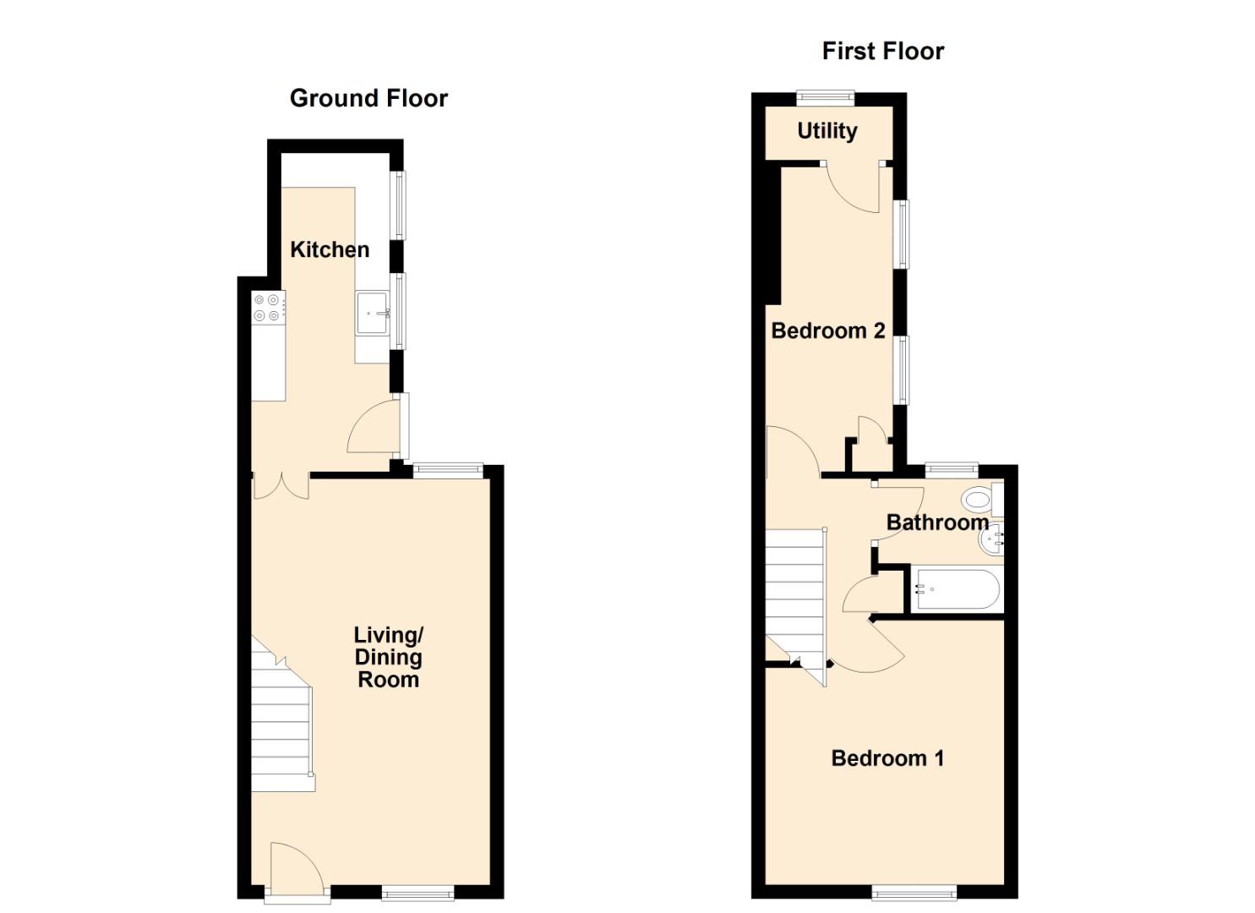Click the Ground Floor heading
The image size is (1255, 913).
pyautogui.click(x=368, y=98)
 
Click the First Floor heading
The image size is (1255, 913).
pyautogui.click(x=882, y=51)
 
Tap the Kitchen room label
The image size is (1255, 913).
pyautogui.click(x=330, y=249)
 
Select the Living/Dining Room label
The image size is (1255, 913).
pyautogui.click(x=388, y=657)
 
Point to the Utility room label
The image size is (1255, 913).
pyautogui.click(x=827, y=131)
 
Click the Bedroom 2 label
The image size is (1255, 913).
pyautogui.click(x=828, y=331)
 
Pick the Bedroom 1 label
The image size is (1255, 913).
pyautogui.click(x=887, y=758)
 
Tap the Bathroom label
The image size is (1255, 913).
pyautogui.click(x=937, y=522)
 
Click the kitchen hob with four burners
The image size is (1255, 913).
pyautogui.click(x=267, y=307)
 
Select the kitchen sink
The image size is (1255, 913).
pyautogui.click(x=372, y=313)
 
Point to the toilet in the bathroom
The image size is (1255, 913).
pyautogui.click(x=980, y=500)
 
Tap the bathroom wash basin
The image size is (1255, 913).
pyautogui.click(x=993, y=539)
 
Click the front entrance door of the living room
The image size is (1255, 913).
pyautogui.click(x=296, y=867)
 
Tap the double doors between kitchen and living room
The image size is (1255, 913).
pyautogui.click(x=281, y=486)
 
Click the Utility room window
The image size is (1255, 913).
pyautogui.click(x=825, y=98)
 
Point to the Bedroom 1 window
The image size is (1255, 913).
pyautogui.click(x=914, y=892)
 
